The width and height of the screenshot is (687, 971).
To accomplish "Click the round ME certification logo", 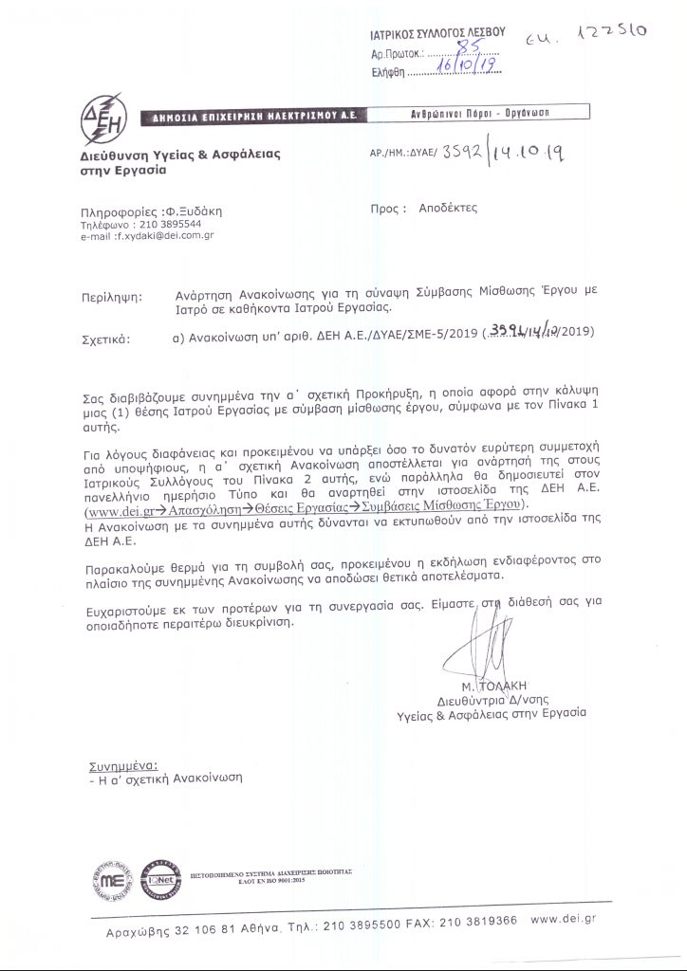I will pyautogui.click(x=115, y=880).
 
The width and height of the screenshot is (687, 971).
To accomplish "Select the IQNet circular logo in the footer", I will pyautogui.click(x=158, y=880).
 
